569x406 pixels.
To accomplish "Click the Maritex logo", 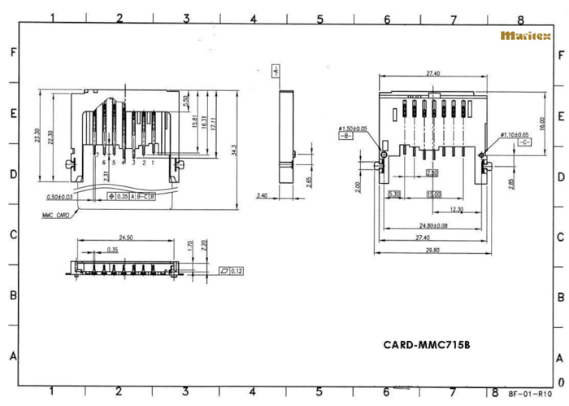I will [524, 36].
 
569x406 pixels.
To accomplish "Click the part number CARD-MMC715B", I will [427, 344].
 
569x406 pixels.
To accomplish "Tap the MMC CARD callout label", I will [57, 216].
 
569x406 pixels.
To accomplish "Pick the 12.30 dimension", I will [456, 209].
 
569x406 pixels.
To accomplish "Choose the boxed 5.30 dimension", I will [394, 194].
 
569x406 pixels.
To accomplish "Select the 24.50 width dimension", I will [124, 238].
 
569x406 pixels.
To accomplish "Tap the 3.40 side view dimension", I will [261, 195].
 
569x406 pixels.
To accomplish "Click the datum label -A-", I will [276, 71].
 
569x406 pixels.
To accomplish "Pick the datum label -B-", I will [345, 136].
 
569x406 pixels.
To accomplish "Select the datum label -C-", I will [524, 142].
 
